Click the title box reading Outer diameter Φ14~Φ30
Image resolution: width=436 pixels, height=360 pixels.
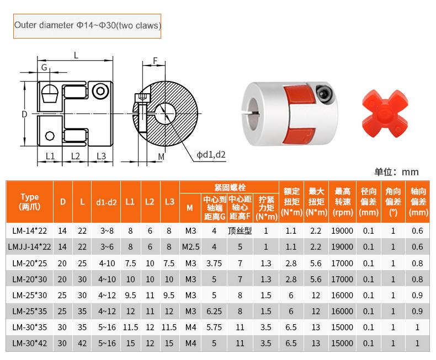tap(87, 26)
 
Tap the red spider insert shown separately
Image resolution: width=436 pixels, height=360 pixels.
tap(385, 114)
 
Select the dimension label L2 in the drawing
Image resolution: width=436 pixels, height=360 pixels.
tap(76, 156)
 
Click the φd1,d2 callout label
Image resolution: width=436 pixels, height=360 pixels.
tap(211, 155)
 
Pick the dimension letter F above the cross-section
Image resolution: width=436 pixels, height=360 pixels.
tap(155, 60)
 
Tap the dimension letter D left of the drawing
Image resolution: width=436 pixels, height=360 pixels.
tap(24, 114)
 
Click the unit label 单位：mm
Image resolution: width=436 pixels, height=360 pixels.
tap(396, 172)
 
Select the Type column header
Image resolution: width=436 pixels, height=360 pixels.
tap(29, 202)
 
